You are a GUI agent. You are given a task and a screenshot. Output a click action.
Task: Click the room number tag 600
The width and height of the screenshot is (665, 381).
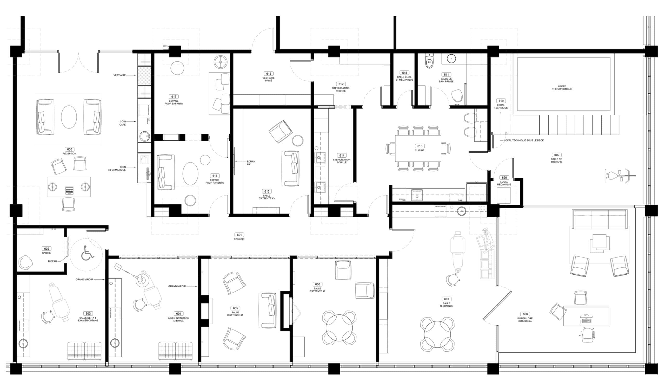pos(70,150)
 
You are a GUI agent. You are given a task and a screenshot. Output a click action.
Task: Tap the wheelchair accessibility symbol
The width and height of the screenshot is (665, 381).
pos(87,253)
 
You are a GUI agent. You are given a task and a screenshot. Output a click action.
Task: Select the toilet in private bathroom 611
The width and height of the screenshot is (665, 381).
pos(429,62)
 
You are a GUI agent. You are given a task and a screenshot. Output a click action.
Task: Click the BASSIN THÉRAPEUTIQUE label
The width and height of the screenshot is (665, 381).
pos(562,87)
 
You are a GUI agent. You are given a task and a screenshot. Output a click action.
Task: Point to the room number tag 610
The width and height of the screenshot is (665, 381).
pos(420,146)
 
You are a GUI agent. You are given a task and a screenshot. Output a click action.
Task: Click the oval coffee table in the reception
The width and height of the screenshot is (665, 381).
pos(69,117)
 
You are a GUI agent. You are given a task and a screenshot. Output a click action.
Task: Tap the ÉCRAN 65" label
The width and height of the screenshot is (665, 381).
pos(251,163)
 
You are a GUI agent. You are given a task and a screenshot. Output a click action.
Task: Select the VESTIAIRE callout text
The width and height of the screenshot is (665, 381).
pos(119,75)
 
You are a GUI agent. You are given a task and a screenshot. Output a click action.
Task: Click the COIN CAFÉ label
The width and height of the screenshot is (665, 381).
pos(123,123)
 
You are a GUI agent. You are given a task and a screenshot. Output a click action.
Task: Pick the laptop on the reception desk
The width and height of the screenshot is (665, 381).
pos(69,190)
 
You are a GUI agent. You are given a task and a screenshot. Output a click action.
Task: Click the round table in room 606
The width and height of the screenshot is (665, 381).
pos(339,328)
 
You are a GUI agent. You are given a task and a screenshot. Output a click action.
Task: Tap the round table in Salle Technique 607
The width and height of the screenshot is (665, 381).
pos(437,334)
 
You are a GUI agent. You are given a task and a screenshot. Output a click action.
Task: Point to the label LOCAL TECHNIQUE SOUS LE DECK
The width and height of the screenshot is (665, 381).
pos(524,140)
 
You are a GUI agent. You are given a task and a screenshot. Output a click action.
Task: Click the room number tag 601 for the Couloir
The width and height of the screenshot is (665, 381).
pos(239,235)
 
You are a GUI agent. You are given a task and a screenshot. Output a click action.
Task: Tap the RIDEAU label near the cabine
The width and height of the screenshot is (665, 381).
pos(52,261)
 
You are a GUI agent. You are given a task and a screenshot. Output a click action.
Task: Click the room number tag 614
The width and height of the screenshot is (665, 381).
pos(342,155)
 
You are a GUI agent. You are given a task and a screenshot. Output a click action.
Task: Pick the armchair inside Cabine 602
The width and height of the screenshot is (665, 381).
pos(26,262)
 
